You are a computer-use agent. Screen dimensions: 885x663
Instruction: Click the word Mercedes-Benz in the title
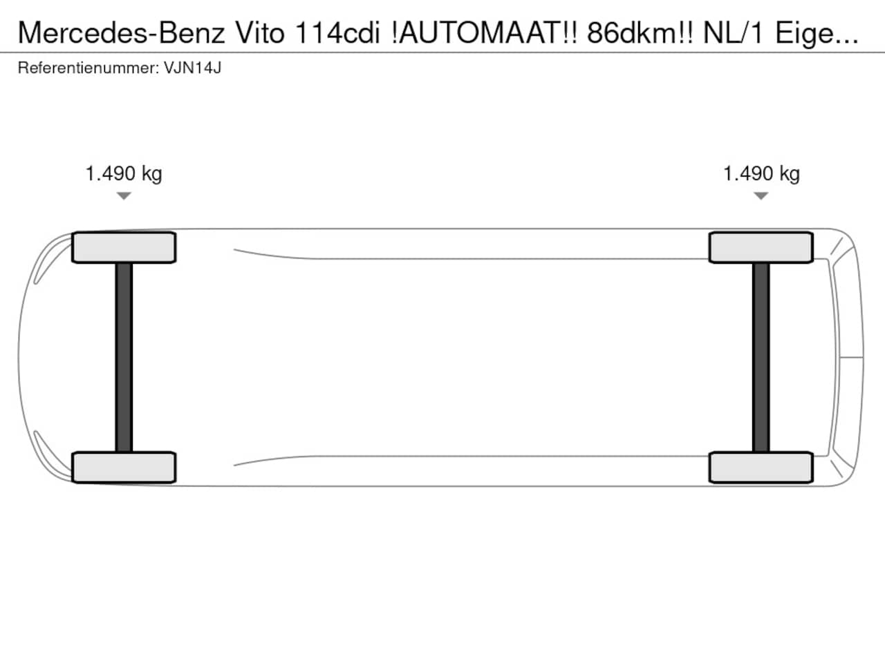(x=122, y=33)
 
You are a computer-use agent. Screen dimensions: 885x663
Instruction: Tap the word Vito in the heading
(x=260, y=33)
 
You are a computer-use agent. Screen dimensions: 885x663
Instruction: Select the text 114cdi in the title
(x=337, y=33)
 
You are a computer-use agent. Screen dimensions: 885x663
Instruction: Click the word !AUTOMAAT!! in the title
(x=484, y=33)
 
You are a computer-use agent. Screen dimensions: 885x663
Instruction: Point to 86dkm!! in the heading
(x=640, y=33)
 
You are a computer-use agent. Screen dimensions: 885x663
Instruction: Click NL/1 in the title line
(x=734, y=33)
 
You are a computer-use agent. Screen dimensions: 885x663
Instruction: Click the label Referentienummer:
(x=88, y=68)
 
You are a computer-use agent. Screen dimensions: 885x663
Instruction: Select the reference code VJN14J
(x=193, y=68)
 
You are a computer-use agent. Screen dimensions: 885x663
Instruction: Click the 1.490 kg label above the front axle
(x=124, y=174)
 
